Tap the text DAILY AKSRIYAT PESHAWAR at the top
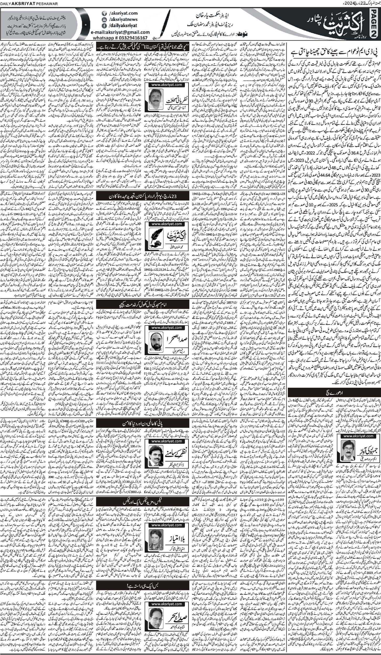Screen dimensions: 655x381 [x=24, y=3]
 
